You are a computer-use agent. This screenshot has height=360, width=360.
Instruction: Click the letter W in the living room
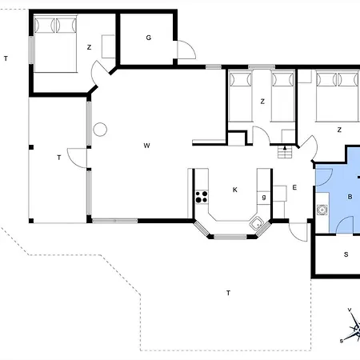pos(146,146)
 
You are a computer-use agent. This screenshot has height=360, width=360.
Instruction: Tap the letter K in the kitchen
pos(234,190)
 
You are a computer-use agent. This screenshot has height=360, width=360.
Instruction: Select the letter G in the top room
pos(149,38)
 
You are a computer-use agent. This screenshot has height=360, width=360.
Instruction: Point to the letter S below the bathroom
pos(346,255)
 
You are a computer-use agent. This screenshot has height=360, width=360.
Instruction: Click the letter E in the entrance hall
pos(294,188)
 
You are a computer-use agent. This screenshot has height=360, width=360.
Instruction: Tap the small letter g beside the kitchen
pos(263,197)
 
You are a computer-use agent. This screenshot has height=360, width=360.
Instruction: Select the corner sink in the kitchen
pos(258,224)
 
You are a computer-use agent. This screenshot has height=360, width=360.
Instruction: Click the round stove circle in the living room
pos(100,129)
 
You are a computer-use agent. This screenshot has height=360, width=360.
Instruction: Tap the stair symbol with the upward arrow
pos(282,151)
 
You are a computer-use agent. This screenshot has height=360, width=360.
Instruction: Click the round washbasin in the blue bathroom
pos(322,211)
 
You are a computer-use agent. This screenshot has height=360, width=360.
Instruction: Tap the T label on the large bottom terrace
pos(228,294)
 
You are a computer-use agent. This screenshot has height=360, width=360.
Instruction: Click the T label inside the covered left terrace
pos(59,158)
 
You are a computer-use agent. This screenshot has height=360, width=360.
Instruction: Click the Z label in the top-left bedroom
pos(89,48)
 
